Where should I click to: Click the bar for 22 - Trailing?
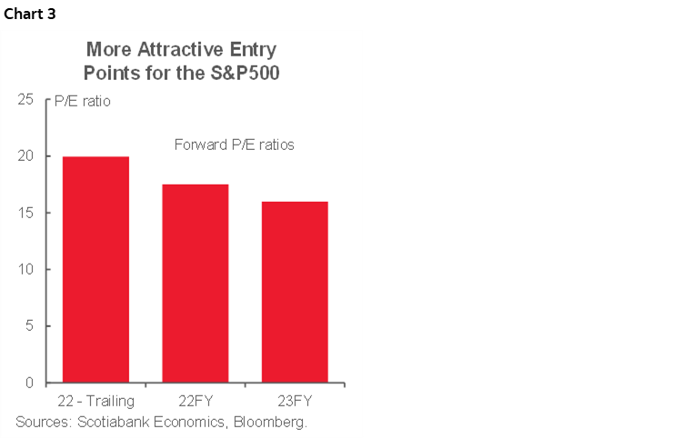[95, 269]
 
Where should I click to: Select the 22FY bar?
[195, 283]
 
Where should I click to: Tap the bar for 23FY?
[294, 292]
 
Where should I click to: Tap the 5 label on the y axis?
[33, 326]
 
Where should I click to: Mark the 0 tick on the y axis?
[33, 383]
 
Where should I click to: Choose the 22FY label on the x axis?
[195, 401]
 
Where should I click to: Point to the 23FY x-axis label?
[294, 401]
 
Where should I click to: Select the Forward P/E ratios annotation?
[234, 145]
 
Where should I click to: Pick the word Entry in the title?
[248, 49]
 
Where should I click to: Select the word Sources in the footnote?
[42, 422]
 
